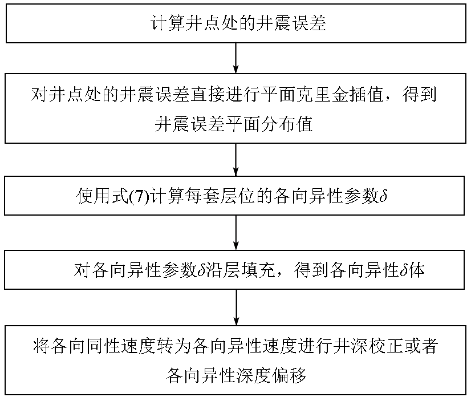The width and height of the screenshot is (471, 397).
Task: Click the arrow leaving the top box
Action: [235, 58]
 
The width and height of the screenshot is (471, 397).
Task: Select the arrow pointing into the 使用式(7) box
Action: [235, 160]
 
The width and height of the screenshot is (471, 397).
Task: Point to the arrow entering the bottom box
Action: [235, 308]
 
